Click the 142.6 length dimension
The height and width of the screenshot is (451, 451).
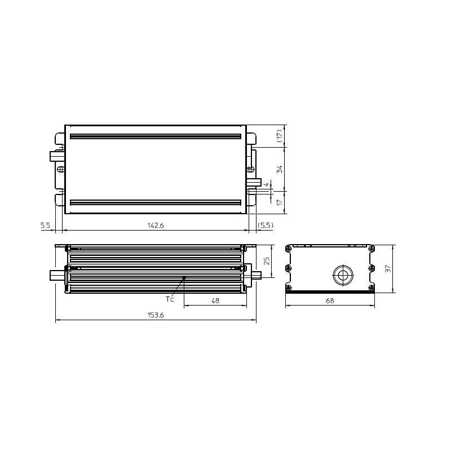point(156,225)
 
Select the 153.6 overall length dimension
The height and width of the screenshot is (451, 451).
point(156,315)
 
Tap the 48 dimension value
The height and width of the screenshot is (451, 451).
point(215,300)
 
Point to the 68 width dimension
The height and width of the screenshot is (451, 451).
point(330,300)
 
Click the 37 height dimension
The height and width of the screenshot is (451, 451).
point(388,269)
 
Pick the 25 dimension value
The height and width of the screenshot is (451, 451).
point(267,261)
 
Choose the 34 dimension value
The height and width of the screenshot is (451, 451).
point(279,169)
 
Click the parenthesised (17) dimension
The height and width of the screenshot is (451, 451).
point(279,136)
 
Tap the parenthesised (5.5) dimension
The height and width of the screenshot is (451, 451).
point(265,225)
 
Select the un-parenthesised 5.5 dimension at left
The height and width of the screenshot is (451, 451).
point(45,225)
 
